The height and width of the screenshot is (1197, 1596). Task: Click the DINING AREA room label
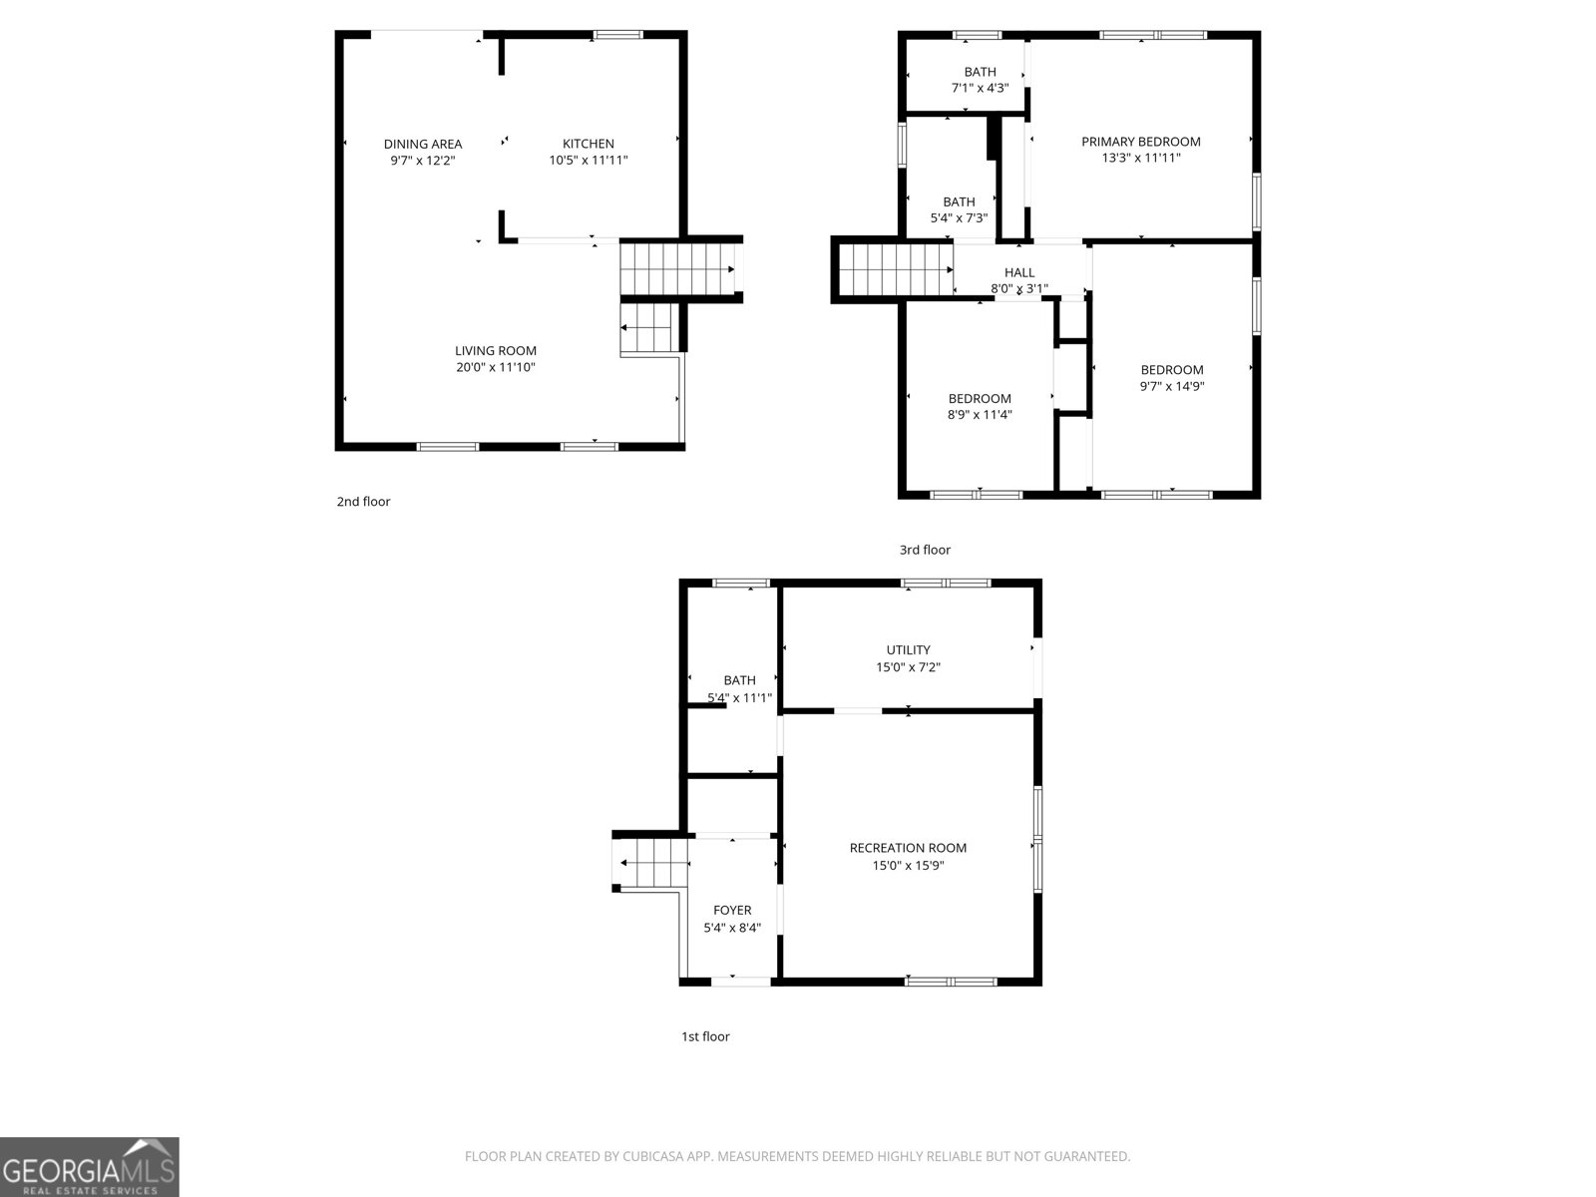[422, 144]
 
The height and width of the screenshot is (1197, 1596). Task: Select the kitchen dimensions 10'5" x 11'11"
[588, 160]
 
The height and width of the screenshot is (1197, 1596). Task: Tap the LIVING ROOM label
[495, 350]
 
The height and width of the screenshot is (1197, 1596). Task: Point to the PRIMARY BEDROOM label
[1140, 142]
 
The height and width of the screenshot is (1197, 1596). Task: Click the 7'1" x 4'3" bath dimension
[980, 88]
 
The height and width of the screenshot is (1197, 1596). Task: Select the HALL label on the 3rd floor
[1018, 272]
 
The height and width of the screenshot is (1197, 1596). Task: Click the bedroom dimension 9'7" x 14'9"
[1171, 386]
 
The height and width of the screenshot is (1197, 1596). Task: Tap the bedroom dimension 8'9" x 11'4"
[979, 415]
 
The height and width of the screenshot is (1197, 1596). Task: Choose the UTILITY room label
[908, 650]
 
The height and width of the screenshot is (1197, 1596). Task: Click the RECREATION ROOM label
[908, 848]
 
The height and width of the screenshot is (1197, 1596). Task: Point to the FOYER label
[732, 910]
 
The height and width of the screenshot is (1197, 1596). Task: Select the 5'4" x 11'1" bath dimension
[739, 698]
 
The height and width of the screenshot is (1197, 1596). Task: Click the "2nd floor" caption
[363, 502]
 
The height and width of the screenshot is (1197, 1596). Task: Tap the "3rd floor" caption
[925, 550]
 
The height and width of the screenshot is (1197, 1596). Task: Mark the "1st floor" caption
[705, 1036]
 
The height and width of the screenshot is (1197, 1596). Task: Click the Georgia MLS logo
[89, 1166]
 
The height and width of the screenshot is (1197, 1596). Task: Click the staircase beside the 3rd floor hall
[895, 270]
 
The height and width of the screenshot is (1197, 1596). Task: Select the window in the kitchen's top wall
[617, 35]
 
